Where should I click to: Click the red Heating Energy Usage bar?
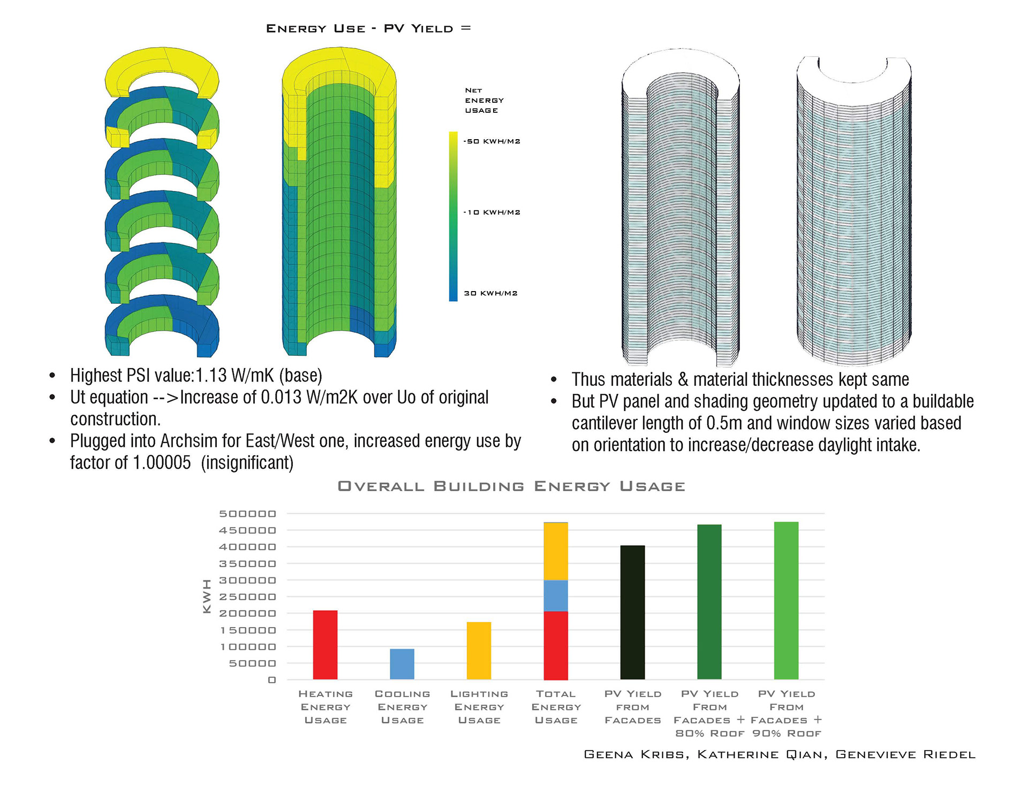(325, 645)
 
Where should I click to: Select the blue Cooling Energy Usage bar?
(402, 664)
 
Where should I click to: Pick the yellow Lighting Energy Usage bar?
(479, 651)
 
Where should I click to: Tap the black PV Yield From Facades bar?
(632, 613)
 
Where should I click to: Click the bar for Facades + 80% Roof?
(709, 602)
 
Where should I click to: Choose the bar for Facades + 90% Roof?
(786, 600)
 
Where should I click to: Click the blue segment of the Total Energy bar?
(556, 595)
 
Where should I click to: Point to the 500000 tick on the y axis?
(247, 514)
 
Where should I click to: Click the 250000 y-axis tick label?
(247, 597)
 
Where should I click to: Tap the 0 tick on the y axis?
(272, 680)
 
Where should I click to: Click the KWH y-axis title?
(207, 596)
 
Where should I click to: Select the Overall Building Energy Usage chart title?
(511, 486)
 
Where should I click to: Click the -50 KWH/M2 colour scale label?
(492, 142)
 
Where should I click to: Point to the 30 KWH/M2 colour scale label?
(490, 293)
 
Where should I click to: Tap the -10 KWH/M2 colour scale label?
(492, 212)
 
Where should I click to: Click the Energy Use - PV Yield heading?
(368, 29)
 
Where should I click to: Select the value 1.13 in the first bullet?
(211, 376)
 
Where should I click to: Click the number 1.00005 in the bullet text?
(161, 463)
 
